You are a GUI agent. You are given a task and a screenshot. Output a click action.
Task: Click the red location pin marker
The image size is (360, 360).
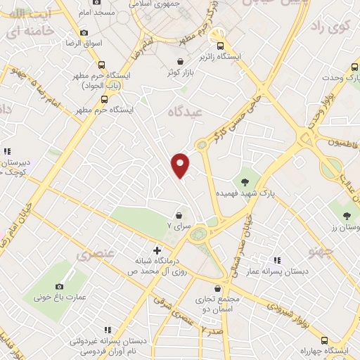(181, 165)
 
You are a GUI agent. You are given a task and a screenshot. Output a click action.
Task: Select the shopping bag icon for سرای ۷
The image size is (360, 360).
(180, 215)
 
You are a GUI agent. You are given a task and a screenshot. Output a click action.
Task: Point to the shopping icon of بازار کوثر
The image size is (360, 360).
(182, 61)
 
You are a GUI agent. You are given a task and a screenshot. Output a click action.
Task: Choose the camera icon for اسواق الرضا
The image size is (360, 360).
(84, 32)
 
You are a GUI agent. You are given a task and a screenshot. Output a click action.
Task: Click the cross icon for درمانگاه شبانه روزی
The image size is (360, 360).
(156, 250)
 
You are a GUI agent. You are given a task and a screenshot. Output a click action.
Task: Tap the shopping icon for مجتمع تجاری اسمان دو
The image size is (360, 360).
(217, 288)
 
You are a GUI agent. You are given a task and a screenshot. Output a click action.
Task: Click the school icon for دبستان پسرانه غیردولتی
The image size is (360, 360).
(108, 329)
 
